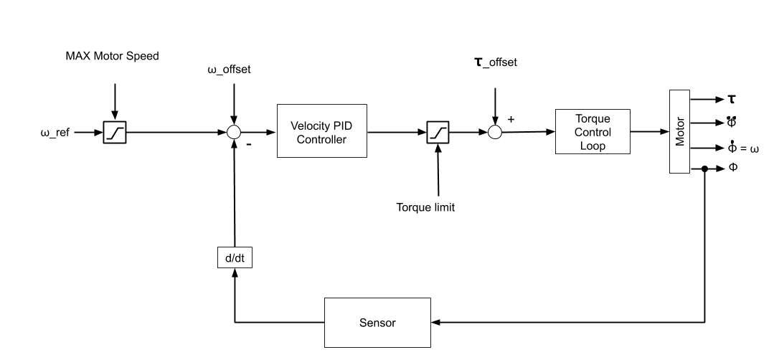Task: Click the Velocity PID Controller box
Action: [321, 132]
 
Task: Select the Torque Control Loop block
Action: [593, 132]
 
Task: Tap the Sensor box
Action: [377, 323]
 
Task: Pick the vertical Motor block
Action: [679, 132]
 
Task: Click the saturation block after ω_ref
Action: [115, 133]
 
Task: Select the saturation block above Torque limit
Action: [438, 133]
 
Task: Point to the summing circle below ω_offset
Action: [234, 133]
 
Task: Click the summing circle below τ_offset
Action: [494, 133]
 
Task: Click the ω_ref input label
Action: [55, 133]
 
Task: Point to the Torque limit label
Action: [425, 208]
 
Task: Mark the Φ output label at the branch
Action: [733, 166]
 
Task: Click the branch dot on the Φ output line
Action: [705, 169]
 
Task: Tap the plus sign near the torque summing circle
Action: [511, 119]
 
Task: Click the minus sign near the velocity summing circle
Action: [248, 144]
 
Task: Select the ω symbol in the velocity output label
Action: [754, 149]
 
